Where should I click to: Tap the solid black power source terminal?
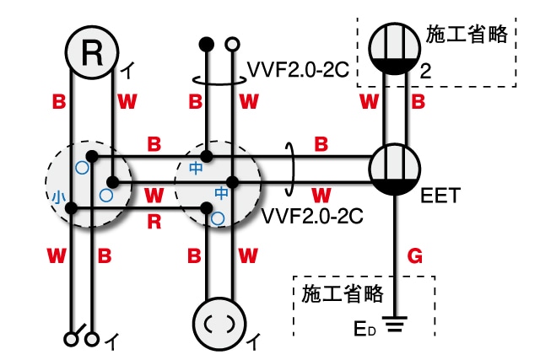coord(203,42)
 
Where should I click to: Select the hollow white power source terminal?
coord(231,42)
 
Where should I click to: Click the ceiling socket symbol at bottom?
coord(219,320)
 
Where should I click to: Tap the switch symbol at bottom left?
coord(80,338)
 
